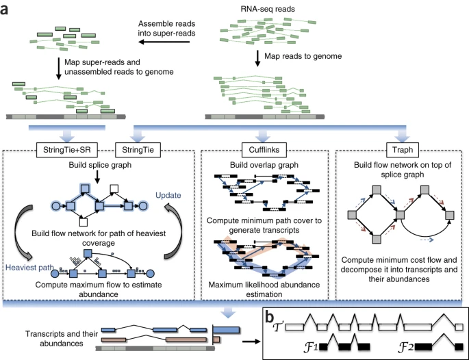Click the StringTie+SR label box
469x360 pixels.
point(67,149)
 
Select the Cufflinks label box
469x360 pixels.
point(264,149)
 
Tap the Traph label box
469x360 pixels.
point(403,149)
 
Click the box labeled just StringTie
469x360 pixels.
point(138,149)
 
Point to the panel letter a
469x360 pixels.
point(4,10)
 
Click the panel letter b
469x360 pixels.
point(270,318)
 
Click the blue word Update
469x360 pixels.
point(168,195)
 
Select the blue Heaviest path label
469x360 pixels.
point(29,268)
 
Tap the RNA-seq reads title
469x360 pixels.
point(268,9)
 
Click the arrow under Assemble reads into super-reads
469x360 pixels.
point(164,42)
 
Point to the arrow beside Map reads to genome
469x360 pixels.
point(257,58)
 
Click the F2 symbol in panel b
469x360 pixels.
point(406,347)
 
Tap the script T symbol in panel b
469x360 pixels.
point(277,327)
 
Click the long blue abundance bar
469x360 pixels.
point(227,330)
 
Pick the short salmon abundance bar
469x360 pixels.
point(217,339)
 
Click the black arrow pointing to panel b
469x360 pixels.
point(251,341)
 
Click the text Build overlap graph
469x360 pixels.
point(264,165)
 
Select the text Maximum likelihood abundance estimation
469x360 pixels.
point(264,290)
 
